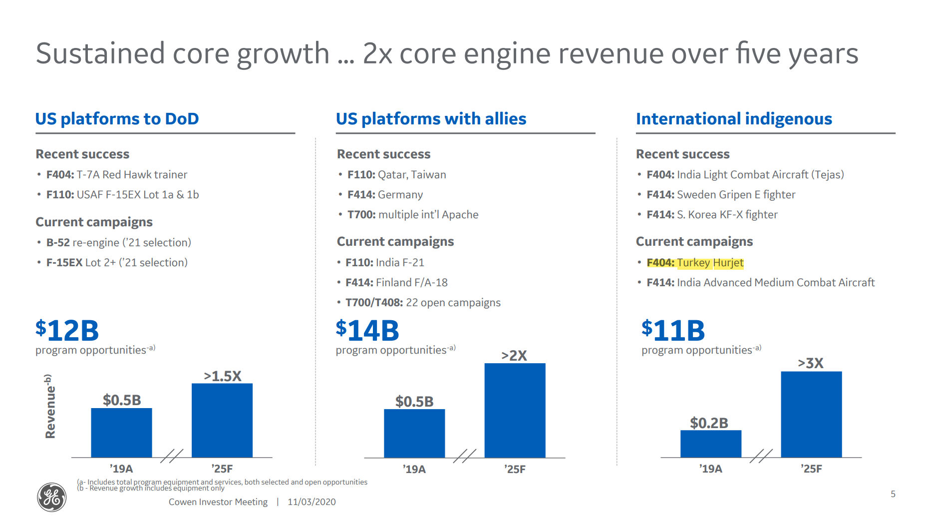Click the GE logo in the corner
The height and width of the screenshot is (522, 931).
pos(51,497)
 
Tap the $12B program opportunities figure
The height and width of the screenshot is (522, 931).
pos(67,330)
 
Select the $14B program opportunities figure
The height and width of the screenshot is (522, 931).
pos(367,330)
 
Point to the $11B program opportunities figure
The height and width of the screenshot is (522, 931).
pos(673,330)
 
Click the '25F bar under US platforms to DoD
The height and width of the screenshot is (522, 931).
pos(222,420)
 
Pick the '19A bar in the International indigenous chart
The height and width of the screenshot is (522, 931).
pos(710,444)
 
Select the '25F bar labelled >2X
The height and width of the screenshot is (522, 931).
pos(515,410)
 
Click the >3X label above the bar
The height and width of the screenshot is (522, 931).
pos(810,363)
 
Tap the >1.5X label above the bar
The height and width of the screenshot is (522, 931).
pos(223,376)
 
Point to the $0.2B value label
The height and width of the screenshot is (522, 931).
pos(709,423)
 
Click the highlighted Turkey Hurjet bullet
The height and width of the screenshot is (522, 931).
pos(695,263)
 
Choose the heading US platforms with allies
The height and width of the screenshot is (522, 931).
pos(431,119)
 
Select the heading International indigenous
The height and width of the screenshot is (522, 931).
pos(734,119)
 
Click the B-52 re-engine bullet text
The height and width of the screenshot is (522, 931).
pos(119,243)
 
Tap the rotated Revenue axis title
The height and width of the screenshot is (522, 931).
pos(50,406)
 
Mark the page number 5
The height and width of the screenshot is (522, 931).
pos(893,494)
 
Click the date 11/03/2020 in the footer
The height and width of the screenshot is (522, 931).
pos(311,502)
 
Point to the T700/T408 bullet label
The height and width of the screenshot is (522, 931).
pos(374,303)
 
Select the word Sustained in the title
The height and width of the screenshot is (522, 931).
pos(100,53)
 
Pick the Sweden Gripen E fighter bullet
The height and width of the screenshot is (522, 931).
pos(721,195)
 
